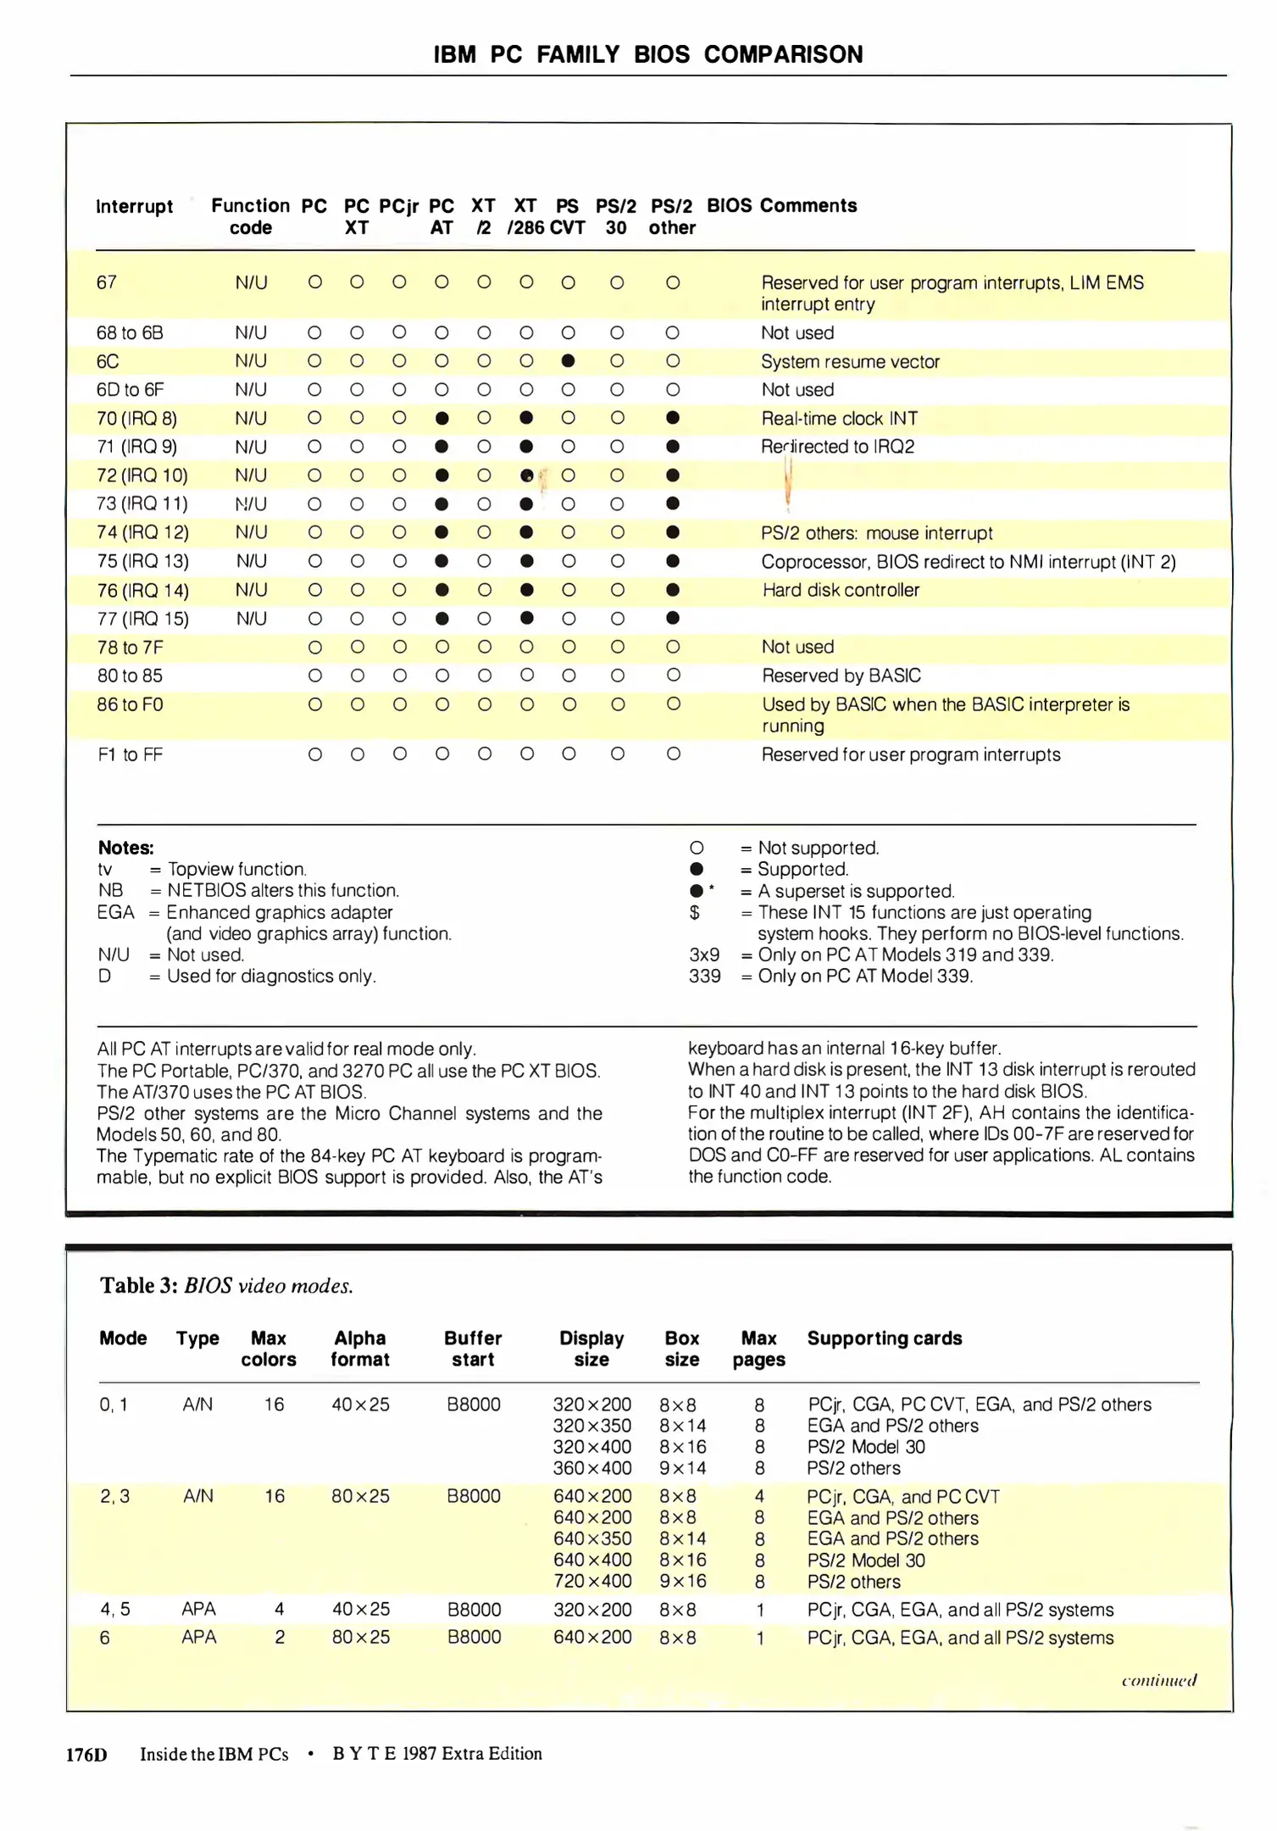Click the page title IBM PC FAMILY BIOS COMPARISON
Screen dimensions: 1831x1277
[x=648, y=55]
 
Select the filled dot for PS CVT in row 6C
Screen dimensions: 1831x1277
[x=569, y=361]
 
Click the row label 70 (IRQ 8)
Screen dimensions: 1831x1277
[x=136, y=419]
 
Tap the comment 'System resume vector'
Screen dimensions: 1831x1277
[x=850, y=362]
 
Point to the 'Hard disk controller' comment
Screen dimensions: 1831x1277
[x=841, y=590]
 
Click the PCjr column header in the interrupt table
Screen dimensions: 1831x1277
[x=399, y=206]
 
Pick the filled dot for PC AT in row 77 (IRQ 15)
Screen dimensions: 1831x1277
[x=441, y=619]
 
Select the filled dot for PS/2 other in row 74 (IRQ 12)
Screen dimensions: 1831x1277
[x=673, y=532]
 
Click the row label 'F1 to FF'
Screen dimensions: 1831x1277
[x=130, y=754]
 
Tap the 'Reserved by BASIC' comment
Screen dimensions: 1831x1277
[x=841, y=676]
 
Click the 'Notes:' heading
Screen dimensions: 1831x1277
[x=126, y=848]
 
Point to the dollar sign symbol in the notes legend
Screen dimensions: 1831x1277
[x=695, y=913]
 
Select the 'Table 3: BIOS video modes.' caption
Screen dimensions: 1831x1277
[x=226, y=1286]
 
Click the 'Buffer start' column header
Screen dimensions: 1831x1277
[x=473, y=1349]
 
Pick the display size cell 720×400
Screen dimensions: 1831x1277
[x=592, y=1582]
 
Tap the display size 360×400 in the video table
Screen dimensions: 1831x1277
[x=592, y=1468]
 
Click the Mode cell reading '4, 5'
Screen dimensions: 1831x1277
[x=114, y=1610]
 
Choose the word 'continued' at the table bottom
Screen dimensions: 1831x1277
[x=1158, y=1680]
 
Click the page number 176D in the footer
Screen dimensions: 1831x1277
[x=86, y=1755]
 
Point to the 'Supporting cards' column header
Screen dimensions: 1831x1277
[x=884, y=1338]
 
